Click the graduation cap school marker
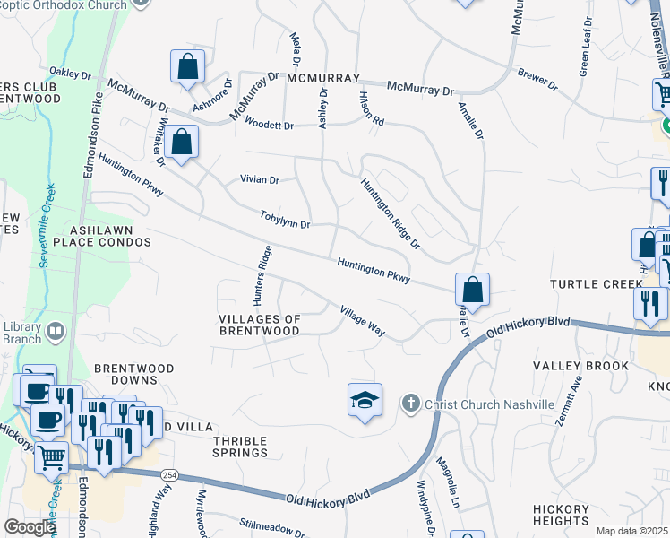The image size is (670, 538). [365, 400]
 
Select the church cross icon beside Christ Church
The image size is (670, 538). [410, 403]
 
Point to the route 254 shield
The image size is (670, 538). [169, 474]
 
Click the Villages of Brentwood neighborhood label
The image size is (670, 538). [260, 325]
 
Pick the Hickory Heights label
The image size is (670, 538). [562, 515]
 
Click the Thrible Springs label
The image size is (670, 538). [241, 447]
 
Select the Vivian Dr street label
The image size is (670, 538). [260, 179]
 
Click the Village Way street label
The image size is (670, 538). [362, 322]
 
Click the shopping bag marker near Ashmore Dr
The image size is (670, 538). [187, 67]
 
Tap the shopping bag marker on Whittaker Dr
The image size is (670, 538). [181, 143]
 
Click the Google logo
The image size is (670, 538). [30, 527]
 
